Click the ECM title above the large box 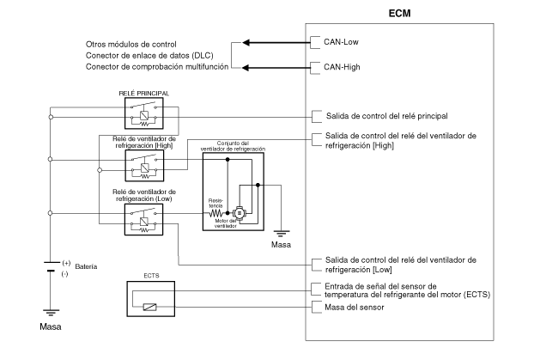click(399, 13)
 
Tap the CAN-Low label click(341, 42)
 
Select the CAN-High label click(342, 67)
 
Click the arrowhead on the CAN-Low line click(246, 43)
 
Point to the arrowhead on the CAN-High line click(246, 68)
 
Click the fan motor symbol click(239, 213)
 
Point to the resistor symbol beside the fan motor click(215, 214)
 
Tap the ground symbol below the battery click(51, 313)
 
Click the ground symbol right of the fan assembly click(282, 234)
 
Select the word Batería click(86, 266)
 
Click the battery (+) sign click(66, 263)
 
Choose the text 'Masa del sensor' click(355, 307)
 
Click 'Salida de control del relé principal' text click(387, 116)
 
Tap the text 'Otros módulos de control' click(131, 45)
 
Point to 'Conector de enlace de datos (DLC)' click(149, 56)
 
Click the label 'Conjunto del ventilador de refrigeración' click(233, 146)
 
